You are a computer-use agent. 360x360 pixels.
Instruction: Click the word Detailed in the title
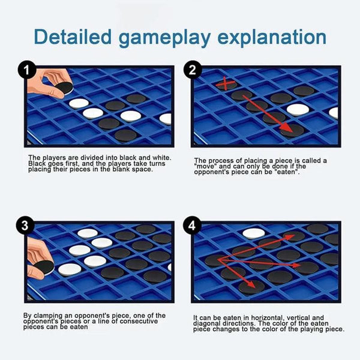[x=73, y=37]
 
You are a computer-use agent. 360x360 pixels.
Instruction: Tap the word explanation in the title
[x=272, y=38]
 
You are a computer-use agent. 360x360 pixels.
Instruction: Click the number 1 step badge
[x=27, y=70]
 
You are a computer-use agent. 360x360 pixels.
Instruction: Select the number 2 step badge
[x=193, y=70]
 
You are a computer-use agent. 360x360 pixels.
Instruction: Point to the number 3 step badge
[x=25, y=226]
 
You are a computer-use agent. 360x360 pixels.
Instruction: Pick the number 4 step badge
[x=192, y=226]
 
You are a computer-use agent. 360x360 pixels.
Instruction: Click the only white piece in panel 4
[x=254, y=233]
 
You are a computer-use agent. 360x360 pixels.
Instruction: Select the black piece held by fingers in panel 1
[x=65, y=88]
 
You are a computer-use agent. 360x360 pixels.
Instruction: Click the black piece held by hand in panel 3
[x=44, y=268]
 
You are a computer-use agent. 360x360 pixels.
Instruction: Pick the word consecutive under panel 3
[x=139, y=321]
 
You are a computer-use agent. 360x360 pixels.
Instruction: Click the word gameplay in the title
[x=164, y=38]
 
